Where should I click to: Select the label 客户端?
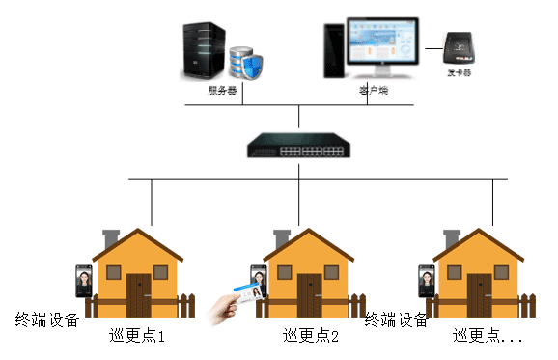pos(372,90)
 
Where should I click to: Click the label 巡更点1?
pos(137,338)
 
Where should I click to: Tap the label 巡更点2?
pos(311,338)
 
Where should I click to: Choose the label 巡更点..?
pos(488,338)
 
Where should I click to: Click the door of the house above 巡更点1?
pos(138,295)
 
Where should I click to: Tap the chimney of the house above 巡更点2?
pos(282,237)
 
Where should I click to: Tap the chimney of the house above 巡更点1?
pos(110,237)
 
